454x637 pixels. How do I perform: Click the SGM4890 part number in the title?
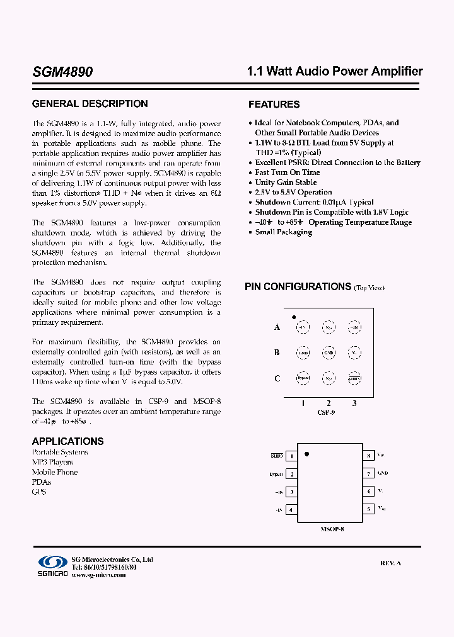(x=62, y=72)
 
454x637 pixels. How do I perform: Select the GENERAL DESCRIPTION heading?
(x=90, y=104)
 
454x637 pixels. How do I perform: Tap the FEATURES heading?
(x=274, y=104)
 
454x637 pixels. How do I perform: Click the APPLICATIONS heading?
(x=67, y=441)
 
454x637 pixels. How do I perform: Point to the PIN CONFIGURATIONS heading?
(x=298, y=287)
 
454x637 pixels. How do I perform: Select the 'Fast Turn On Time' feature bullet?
(x=287, y=172)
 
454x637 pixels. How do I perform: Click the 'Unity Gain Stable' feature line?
(x=286, y=183)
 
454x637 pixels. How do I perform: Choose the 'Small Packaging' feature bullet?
(x=283, y=232)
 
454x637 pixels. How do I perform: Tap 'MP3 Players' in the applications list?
(x=52, y=462)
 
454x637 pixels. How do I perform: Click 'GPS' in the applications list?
(x=39, y=492)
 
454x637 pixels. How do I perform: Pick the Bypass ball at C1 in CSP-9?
(x=303, y=379)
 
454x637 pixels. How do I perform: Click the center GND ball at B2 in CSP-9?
(x=329, y=352)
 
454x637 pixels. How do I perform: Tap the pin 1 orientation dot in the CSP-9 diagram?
(x=294, y=317)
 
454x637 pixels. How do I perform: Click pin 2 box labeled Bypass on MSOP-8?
(x=291, y=474)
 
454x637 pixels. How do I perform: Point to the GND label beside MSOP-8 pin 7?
(x=383, y=473)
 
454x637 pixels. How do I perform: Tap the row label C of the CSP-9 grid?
(x=277, y=378)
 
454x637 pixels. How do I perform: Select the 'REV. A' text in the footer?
(x=390, y=563)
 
